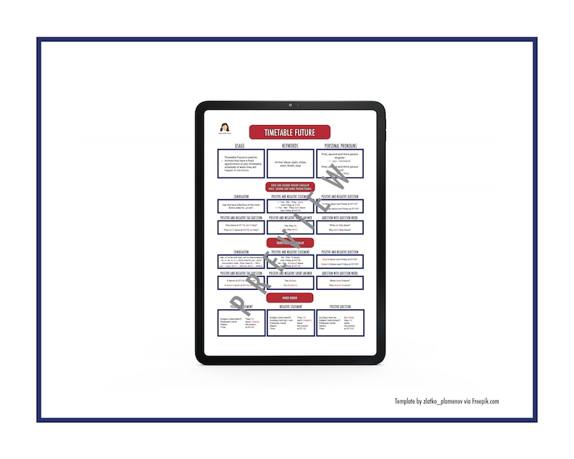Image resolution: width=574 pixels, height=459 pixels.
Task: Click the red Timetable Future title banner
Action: point(289,132)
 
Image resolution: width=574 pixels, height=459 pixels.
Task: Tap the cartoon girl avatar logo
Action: point(223,129)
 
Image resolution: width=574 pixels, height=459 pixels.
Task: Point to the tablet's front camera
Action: point(291,106)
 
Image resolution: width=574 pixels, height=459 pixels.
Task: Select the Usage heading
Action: point(240,146)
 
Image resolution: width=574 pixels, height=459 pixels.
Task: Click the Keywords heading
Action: point(289,146)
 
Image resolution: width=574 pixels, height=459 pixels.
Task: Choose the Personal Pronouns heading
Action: point(339,146)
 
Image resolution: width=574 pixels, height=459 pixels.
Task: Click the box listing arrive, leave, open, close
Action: point(289,163)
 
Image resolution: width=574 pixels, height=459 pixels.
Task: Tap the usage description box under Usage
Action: point(240,164)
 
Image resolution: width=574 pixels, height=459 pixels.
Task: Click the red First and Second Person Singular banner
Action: point(289,186)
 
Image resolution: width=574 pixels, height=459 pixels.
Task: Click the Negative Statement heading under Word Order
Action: point(289,306)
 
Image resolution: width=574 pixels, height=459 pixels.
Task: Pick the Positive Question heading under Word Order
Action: point(339,306)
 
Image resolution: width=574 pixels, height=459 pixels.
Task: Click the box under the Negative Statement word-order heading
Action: point(289,323)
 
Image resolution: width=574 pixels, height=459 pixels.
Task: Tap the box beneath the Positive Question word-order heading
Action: point(339,323)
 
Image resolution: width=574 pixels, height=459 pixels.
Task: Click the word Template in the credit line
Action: point(406,402)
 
